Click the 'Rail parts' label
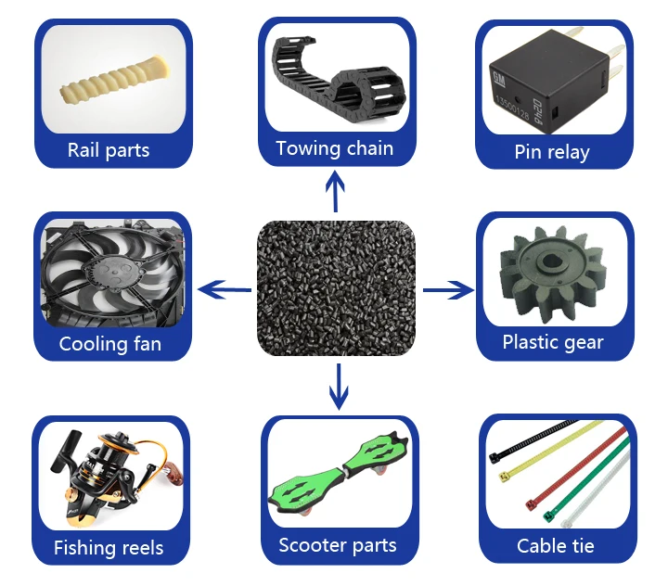click(109, 150)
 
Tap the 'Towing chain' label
click(334, 148)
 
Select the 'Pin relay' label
click(552, 152)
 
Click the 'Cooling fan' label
click(109, 344)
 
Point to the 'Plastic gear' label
click(553, 342)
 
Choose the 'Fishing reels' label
click(109, 547)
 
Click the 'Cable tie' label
click(556, 545)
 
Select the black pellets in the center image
click(335, 288)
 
